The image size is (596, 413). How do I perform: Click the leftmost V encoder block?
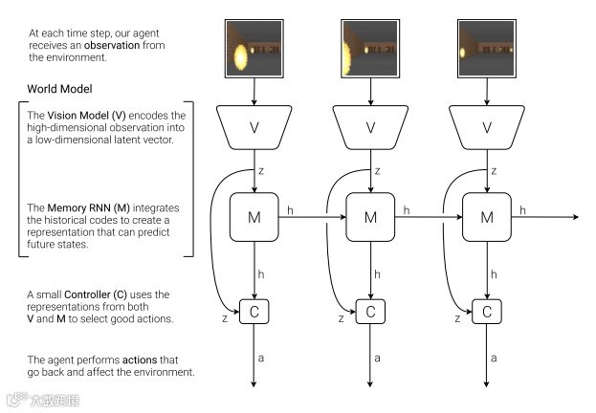pyautogui.click(x=254, y=127)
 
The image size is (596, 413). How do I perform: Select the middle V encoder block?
pyautogui.click(x=370, y=127)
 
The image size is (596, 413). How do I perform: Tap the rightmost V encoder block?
pyautogui.click(x=487, y=127)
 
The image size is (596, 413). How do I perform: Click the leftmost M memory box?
pyautogui.click(x=254, y=217)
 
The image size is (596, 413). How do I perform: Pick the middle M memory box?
pyautogui.click(x=370, y=217)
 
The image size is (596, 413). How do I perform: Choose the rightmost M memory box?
pyautogui.click(x=487, y=217)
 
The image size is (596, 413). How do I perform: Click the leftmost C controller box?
pyautogui.click(x=254, y=311)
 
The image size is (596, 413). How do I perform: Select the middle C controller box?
pyautogui.click(x=370, y=311)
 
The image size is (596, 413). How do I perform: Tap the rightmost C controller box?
pyautogui.click(x=487, y=311)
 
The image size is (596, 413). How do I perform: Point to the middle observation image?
pyautogui.click(x=370, y=47)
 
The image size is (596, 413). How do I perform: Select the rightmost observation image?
pyautogui.click(x=487, y=47)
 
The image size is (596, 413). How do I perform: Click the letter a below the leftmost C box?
pyautogui.click(x=264, y=357)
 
